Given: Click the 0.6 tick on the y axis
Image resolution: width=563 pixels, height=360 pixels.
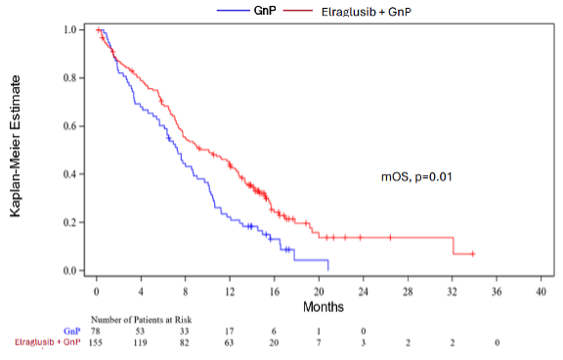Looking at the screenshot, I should (x=69, y=126).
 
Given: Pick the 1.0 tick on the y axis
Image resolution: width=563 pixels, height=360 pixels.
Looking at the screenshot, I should (x=69, y=30).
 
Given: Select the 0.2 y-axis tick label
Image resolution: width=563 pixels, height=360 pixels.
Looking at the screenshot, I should (x=69, y=222).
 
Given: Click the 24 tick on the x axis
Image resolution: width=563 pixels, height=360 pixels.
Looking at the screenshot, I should (x=363, y=292).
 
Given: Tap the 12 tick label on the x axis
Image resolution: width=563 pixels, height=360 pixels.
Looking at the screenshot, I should (x=229, y=292).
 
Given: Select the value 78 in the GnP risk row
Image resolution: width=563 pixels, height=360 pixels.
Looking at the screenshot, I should (x=96, y=332).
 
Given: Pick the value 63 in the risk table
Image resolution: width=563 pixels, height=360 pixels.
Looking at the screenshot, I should (x=229, y=343).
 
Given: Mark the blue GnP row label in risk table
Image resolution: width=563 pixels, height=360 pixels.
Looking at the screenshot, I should (x=71, y=332).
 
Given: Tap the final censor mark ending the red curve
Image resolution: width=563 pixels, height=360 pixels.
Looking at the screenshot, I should (x=473, y=254).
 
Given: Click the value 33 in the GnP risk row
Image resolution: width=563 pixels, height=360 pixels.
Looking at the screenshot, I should (x=185, y=332).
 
